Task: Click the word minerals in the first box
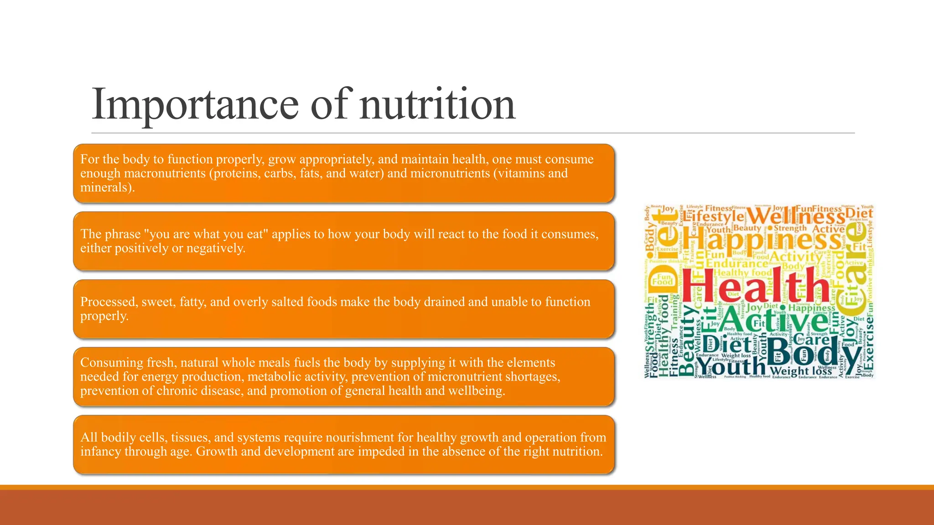click(105, 188)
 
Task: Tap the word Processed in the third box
click(109, 302)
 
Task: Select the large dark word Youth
click(732, 366)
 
